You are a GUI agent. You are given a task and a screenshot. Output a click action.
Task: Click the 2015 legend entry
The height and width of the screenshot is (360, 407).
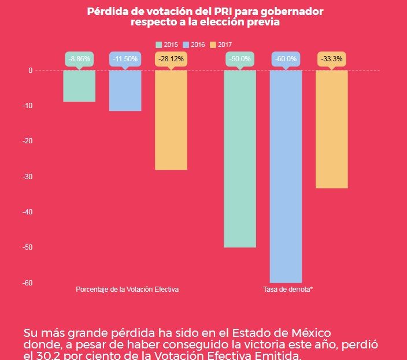[166, 44]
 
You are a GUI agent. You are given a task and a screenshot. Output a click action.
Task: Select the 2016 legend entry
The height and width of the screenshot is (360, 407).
[194, 44]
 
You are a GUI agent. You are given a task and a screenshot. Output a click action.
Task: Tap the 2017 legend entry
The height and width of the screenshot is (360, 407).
[221, 44]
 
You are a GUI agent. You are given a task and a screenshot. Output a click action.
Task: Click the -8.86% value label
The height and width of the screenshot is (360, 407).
[79, 59]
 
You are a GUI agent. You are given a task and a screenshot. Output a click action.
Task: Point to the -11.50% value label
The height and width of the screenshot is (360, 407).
[125, 59]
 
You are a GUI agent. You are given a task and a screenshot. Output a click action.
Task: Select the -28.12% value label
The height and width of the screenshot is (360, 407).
[171, 59]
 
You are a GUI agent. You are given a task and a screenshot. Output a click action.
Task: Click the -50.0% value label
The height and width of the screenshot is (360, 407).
[240, 59]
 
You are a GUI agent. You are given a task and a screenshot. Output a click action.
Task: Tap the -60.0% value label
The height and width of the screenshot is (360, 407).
[286, 59]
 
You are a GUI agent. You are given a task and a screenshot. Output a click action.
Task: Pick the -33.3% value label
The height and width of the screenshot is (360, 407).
[331, 59]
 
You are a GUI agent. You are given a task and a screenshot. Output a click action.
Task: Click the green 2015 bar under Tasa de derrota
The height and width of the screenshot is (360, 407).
[240, 159]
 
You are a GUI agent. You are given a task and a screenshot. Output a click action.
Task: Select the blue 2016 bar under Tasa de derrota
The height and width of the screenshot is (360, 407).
[286, 176]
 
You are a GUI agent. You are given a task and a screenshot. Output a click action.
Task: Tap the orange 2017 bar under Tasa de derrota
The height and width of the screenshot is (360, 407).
[331, 129]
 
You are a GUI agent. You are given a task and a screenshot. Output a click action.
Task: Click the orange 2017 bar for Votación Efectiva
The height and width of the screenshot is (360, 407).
[171, 120]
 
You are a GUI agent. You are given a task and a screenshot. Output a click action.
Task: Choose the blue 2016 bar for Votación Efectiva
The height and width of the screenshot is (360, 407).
[125, 90]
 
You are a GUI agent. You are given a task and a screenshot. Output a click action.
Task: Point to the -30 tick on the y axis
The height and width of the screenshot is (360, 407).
[27, 176]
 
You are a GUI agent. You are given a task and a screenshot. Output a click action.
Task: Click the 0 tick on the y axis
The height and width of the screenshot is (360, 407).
[30, 70]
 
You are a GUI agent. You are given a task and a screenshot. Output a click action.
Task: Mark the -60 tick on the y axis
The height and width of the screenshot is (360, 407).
[27, 283]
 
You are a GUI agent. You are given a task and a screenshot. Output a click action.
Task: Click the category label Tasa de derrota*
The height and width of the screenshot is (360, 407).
[288, 289]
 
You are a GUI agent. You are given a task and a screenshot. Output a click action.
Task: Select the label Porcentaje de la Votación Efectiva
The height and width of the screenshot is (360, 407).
[127, 289]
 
